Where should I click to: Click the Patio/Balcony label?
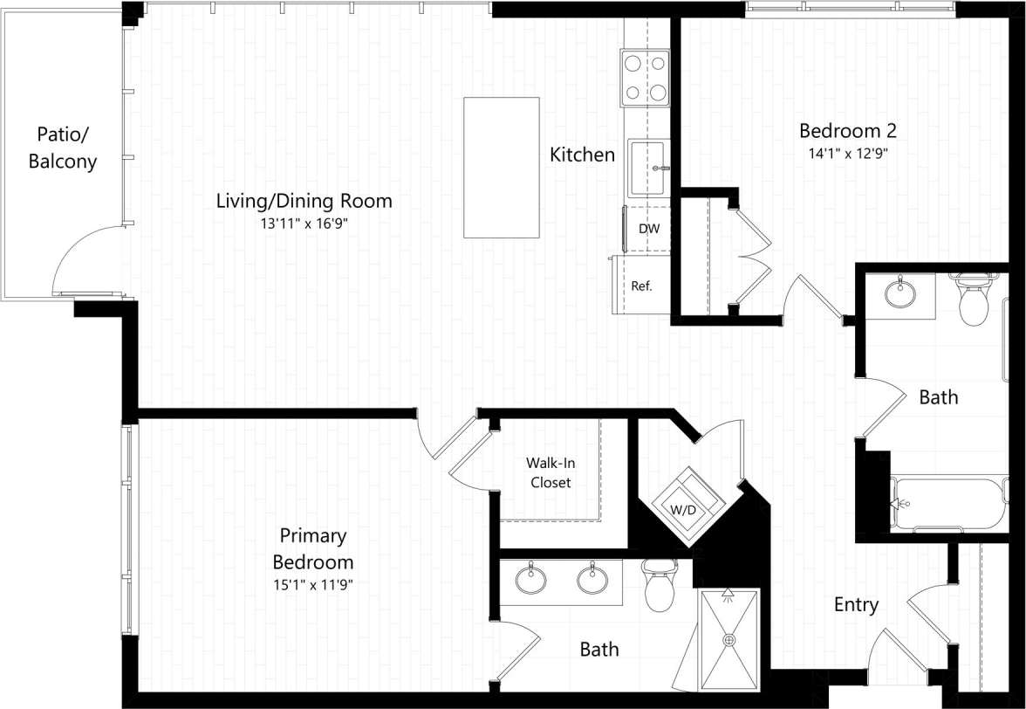coord(63,148)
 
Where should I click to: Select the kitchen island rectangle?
coord(501,167)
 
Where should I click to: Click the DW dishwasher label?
coord(648,230)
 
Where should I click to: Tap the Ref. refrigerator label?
coord(642,286)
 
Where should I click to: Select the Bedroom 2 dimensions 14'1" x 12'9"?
coord(848,154)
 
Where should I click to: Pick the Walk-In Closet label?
coord(549,472)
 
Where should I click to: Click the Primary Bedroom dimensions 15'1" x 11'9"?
coord(312,585)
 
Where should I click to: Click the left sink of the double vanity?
coord(530,579)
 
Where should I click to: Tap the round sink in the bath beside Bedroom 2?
coord(900,293)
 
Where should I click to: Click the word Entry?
coord(856,604)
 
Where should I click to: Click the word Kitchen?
coord(582,155)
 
